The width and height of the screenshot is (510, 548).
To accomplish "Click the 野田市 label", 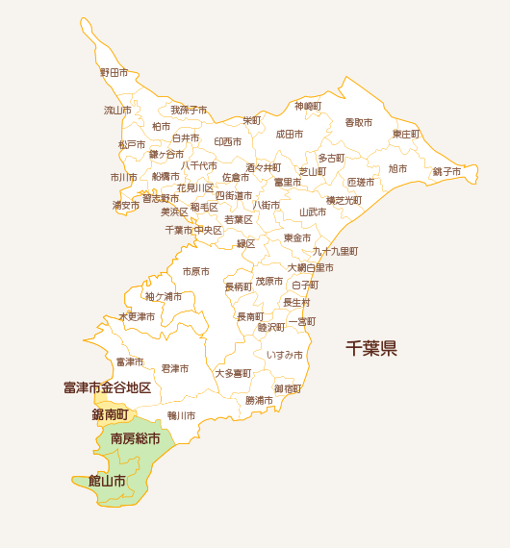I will pyautogui.click(x=114, y=72).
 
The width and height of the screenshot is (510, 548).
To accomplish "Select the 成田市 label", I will pyautogui.click(x=289, y=135).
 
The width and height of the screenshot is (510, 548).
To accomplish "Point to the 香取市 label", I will pyautogui.click(x=358, y=122).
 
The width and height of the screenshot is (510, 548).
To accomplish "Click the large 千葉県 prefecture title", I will pyautogui.click(x=371, y=348).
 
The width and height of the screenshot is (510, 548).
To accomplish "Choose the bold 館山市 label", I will pyautogui.click(x=107, y=480).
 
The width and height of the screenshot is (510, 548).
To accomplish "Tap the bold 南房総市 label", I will pyautogui.click(x=135, y=438).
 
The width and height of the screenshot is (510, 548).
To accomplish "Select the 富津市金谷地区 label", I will pyautogui.click(x=107, y=387).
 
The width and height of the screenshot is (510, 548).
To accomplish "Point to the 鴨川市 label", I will pyautogui.click(x=181, y=415).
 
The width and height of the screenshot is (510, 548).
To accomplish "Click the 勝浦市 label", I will pyautogui.click(x=259, y=400).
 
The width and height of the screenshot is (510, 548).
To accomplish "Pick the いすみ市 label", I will pyautogui.click(x=285, y=355).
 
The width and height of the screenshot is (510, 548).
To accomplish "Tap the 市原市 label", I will pyautogui.click(x=195, y=272).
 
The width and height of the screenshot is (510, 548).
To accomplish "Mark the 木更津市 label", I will pyautogui.click(x=136, y=316).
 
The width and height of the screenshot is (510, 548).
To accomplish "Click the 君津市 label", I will pyautogui.click(x=174, y=368).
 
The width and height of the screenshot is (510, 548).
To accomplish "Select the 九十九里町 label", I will pyautogui.click(x=334, y=251).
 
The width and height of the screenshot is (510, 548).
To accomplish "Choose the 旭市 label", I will pyautogui.click(x=397, y=168).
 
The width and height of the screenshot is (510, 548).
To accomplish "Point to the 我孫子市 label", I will pyautogui.click(x=189, y=111).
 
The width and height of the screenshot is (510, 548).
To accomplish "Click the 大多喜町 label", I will pyautogui.click(x=232, y=373).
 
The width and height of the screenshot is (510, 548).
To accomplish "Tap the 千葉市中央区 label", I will pyautogui.click(x=193, y=230).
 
